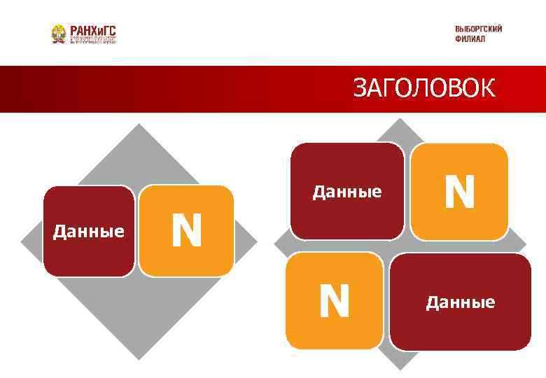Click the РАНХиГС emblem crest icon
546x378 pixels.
pyautogui.click(x=59, y=34)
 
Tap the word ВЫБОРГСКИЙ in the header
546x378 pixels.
pyautogui.click(x=478, y=29)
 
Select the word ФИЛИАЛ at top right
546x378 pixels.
pyautogui.click(x=469, y=38)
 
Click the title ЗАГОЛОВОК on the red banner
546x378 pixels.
pyautogui.click(x=423, y=89)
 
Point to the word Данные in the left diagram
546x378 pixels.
pyautogui.click(x=89, y=231)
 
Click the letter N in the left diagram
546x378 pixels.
pyautogui.click(x=186, y=231)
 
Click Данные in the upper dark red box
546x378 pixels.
pyautogui.click(x=347, y=191)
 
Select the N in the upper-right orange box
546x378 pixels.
pyautogui.click(x=459, y=192)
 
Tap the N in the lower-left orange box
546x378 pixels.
pyautogui.click(x=335, y=301)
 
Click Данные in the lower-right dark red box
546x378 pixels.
pyautogui.click(x=461, y=302)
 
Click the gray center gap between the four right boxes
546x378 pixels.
pyautogui.click(x=397, y=246)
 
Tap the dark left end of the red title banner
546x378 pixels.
pyautogui.click(x=14, y=89)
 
